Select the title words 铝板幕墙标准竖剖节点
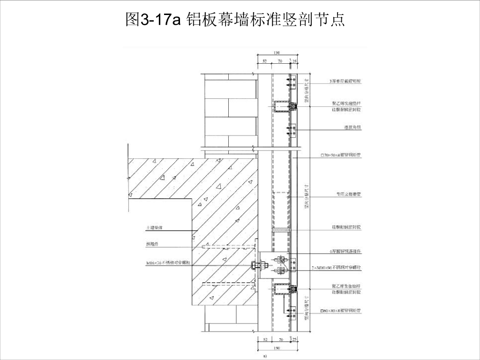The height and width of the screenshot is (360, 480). (265, 19)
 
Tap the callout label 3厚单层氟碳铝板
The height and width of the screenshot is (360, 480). (345, 82)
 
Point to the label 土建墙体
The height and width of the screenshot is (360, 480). (155, 228)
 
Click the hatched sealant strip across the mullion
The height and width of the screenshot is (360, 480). (281, 230)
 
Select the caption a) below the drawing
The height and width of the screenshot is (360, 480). (265, 356)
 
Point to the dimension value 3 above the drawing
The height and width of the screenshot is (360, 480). (290, 61)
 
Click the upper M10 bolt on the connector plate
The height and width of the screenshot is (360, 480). (280, 259)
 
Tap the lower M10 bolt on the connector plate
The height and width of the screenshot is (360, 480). (280, 270)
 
